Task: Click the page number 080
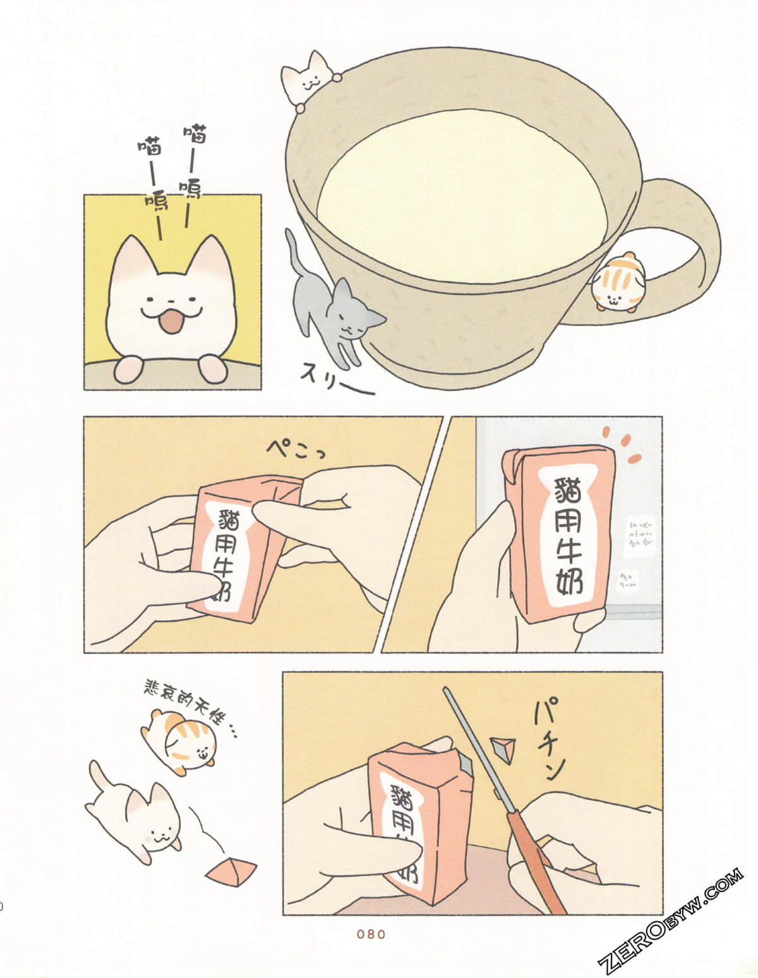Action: coord(371,934)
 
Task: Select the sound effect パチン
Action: coord(547,738)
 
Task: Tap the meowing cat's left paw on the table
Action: coord(128,368)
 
